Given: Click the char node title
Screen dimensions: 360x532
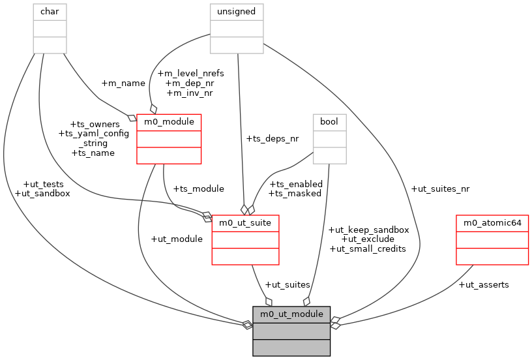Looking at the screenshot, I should click(x=50, y=11).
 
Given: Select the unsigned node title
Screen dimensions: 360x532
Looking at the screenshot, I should click(x=236, y=11).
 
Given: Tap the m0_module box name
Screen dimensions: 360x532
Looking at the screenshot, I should click(x=169, y=122).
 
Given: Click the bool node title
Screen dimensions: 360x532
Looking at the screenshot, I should click(x=329, y=122).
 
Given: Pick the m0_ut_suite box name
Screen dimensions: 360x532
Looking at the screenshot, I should click(x=245, y=223).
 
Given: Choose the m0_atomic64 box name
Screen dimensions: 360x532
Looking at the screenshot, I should click(x=492, y=223).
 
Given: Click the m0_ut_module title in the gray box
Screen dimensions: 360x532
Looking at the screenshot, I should click(x=291, y=314).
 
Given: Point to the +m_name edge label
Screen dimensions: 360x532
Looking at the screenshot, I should click(x=123, y=83).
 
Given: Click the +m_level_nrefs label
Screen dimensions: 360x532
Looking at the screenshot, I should click(x=190, y=73).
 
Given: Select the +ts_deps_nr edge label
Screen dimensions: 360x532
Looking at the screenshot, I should click(x=273, y=138).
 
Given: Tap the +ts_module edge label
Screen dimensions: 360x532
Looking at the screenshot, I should click(x=198, y=188).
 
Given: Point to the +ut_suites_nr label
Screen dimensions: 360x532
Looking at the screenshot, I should click(x=440, y=188).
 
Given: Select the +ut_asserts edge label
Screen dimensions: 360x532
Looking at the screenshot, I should click(x=484, y=284).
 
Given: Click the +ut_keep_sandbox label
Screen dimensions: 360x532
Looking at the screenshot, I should click(x=368, y=230).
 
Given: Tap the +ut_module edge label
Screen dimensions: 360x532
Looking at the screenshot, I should click(x=176, y=239).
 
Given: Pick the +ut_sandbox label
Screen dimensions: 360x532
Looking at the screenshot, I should click(x=42, y=193).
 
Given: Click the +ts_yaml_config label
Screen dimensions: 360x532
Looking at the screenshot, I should click(x=94, y=133).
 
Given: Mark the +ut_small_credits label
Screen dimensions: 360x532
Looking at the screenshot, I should click(x=368, y=248).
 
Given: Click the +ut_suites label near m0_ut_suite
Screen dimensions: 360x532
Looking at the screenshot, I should click(x=288, y=284).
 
